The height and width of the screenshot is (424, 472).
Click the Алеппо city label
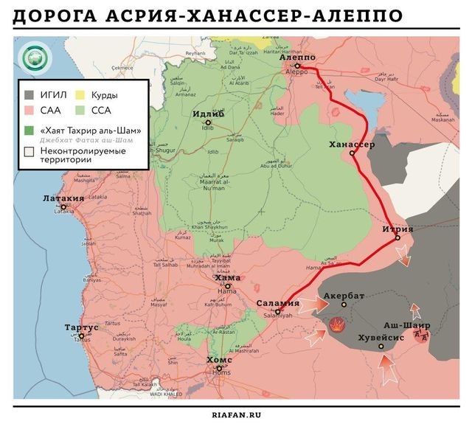tap(299, 57)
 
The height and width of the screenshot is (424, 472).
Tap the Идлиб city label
tap(209, 114)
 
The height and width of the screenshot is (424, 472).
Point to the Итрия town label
tap(397, 229)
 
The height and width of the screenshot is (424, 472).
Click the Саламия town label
tap(277, 303)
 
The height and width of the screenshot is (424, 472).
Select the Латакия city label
tap(63, 198)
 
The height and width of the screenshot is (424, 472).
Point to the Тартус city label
tap(81, 327)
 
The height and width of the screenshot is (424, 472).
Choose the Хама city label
tap(227, 278)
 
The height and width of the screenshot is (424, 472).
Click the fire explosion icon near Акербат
tap(336, 324)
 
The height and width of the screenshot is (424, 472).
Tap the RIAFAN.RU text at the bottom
tap(236, 414)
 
